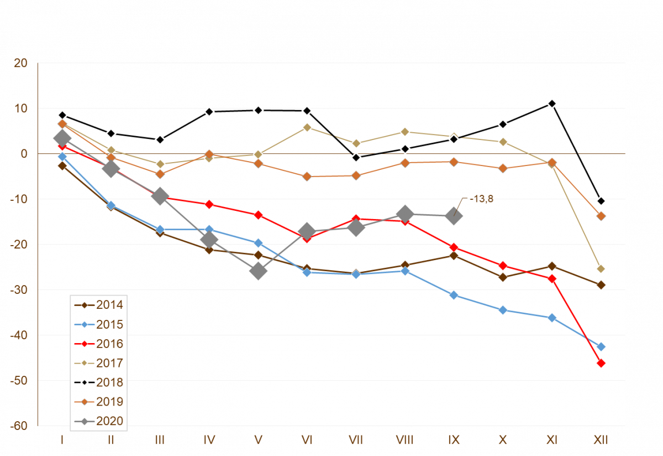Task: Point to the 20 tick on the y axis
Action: (20, 63)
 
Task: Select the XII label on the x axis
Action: (601, 441)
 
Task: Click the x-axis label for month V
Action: (258, 441)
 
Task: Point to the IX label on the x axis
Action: (454, 441)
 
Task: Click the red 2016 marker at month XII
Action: (601, 363)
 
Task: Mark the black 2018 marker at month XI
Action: (552, 103)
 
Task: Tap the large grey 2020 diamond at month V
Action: (258, 271)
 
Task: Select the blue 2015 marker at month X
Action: (503, 310)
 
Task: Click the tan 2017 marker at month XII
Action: (601, 269)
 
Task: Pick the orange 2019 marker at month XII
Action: (601, 216)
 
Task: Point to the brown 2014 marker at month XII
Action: (601, 285)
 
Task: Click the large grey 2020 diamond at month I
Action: (62, 138)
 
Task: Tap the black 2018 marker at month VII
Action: (356, 158)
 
